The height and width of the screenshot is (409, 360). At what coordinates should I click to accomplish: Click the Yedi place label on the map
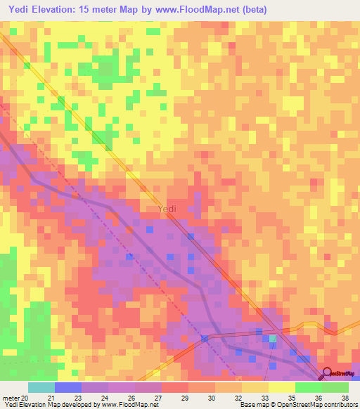[x=167, y=209]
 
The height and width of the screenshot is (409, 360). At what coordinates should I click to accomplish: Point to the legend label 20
[x=25, y=398]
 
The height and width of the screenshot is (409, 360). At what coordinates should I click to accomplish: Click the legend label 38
[x=345, y=398]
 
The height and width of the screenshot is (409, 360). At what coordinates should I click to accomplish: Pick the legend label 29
[x=185, y=398]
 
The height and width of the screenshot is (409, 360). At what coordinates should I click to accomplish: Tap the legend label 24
[x=105, y=398]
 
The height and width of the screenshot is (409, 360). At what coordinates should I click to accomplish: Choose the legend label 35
[x=292, y=398]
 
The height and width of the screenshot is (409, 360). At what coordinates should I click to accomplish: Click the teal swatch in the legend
[x=41, y=388]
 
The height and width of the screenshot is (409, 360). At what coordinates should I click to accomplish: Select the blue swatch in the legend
[x=68, y=388]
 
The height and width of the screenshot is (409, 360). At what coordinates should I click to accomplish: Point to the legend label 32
[x=238, y=398]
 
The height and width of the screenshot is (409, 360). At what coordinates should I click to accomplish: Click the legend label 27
[x=158, y=398]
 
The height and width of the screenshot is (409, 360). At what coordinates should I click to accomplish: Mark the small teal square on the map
[x=274, y=339]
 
